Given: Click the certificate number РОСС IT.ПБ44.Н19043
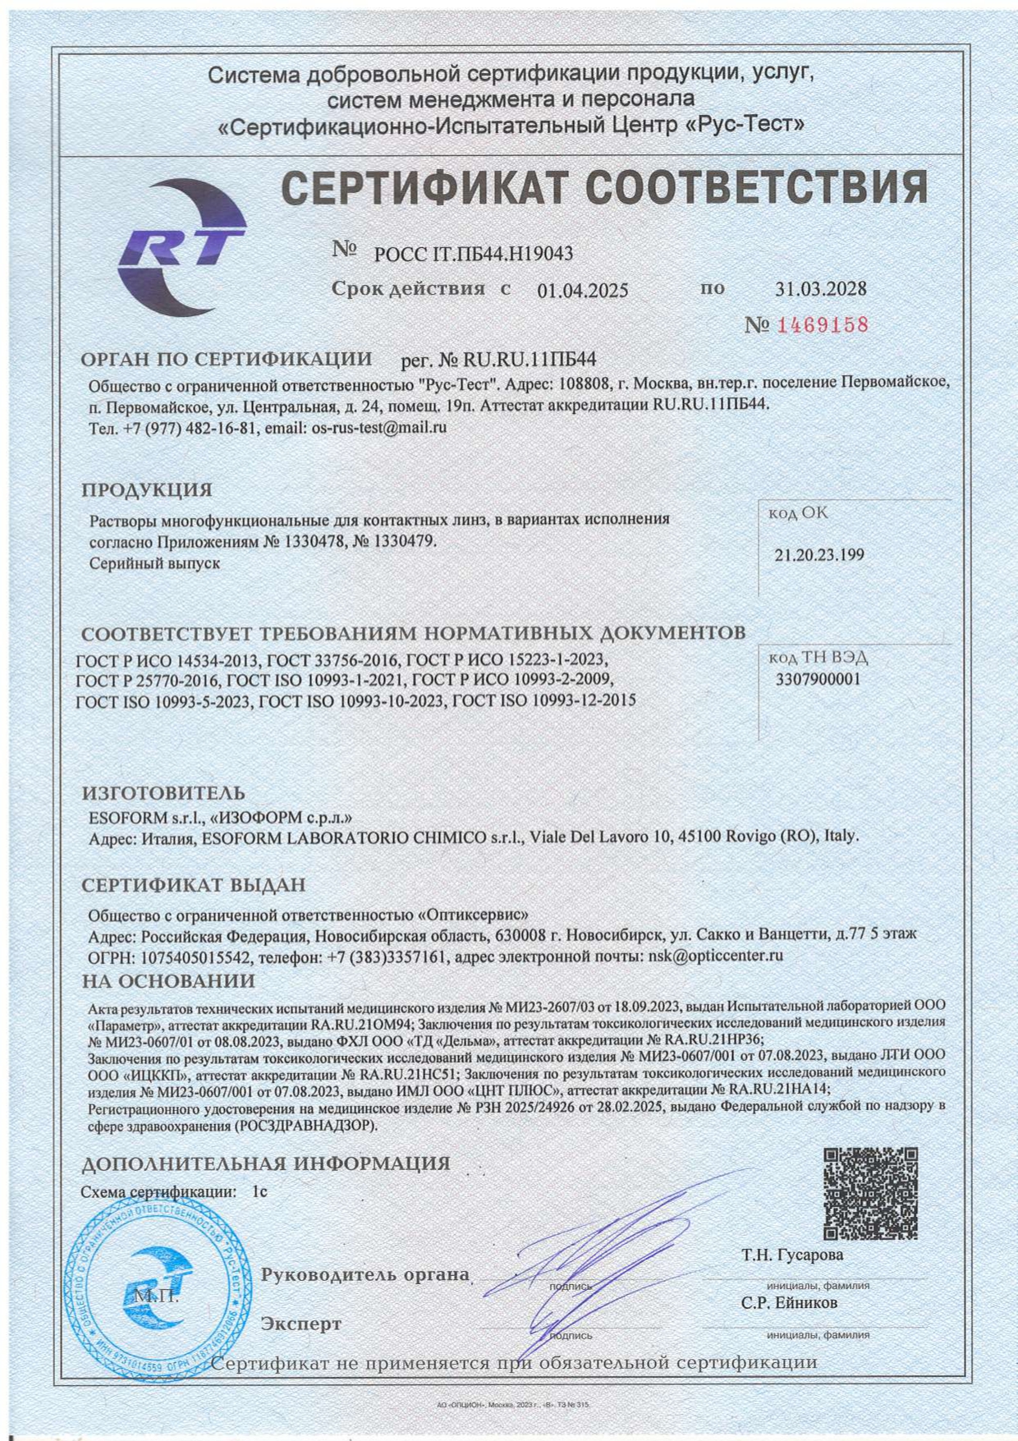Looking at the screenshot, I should [x=474, y=254].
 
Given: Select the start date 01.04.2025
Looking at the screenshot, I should [x=583, y=291].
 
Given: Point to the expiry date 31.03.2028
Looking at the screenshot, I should [x=821, y=289].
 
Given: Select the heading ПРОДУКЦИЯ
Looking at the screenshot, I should [x=147, y=490].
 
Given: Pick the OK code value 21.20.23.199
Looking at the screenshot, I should [x=819, y=555].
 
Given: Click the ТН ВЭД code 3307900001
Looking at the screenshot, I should [x=819, y=680].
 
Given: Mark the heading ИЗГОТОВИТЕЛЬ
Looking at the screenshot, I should [x=163, y=793].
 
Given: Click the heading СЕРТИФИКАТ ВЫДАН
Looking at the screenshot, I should [x=194, y=885].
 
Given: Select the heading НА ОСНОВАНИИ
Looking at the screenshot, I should [x=168, y=981].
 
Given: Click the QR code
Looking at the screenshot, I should [x=870, y=1193].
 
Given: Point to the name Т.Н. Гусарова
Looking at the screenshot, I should [x=792, y=1255].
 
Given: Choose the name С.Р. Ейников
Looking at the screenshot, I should [x=790, y=1303].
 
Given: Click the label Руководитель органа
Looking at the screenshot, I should [x=365, y=1275].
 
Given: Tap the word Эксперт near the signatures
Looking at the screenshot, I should [x=301, y=1324].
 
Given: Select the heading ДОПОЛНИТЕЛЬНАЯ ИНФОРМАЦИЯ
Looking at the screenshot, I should [x=266, y=1163].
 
